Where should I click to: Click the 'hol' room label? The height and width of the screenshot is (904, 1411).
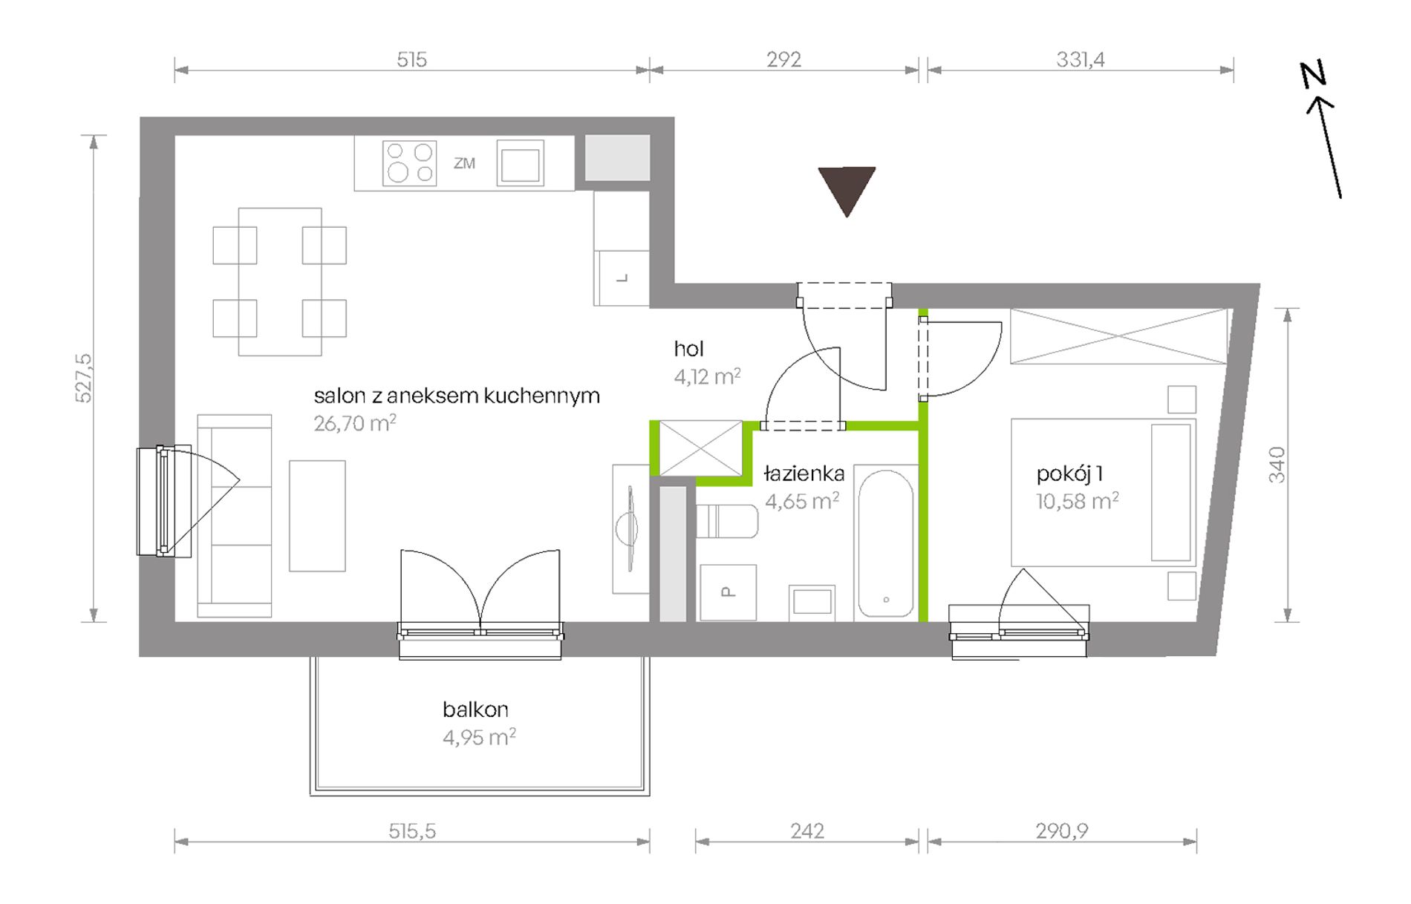[x=688, y=349]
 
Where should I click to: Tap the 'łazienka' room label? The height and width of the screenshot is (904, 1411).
[x=804, y=473]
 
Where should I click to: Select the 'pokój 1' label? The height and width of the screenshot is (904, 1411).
[x=1069, y=474]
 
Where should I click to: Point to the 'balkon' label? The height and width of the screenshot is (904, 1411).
[x=475, y=710]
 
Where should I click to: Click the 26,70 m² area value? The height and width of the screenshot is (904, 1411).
[x=355, y=423]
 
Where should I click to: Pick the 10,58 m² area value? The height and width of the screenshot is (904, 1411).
[x=1078, y=501]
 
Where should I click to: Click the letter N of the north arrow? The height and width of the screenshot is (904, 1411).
[x=1313, y=74]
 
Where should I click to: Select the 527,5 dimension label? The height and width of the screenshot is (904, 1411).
[x=85, y=379]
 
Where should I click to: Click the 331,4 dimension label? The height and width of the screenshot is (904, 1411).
[x=1081, y=59]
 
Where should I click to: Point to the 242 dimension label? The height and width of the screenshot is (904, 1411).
[x=807, y=831]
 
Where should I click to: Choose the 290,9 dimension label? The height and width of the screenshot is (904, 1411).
[x=1062, y=831]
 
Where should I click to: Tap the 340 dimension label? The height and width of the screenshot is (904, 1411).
[x=1277, y=465]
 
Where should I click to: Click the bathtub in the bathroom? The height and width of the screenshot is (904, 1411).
[x=885, y=543]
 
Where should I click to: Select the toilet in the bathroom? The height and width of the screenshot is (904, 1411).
[x=727, y=521]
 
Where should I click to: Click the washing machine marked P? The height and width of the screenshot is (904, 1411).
[x=728, y=592]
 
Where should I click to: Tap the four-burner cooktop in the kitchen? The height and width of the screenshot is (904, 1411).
[x=409, y=163]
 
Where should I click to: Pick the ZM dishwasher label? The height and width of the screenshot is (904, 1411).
[x=464, y=163]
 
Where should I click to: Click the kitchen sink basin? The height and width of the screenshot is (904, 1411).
[x=520, y=163]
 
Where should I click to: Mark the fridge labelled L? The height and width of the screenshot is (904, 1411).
[x=622, y=278]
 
